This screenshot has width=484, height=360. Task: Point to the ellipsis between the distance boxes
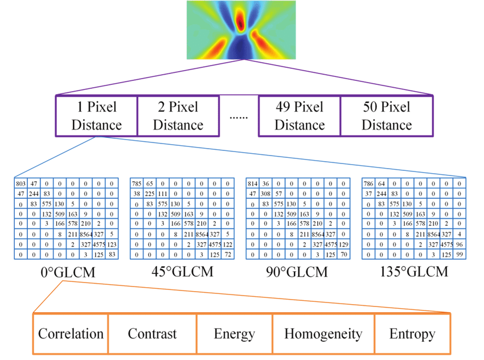[238, 117]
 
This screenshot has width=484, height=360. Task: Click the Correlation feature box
[71, 333]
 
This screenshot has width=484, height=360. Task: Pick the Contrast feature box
[152, 333]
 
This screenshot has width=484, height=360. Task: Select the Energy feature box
[234, 333]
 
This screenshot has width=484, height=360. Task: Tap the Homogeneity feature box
[323, 333]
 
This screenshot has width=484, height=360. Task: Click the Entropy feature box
[412, 333]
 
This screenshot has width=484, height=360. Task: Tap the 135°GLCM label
[413, 272]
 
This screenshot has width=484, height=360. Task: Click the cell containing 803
[21, 184]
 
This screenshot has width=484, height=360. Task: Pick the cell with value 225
[150, 194]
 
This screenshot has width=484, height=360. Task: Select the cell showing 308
[266, 194]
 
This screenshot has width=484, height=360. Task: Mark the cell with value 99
[459, 255]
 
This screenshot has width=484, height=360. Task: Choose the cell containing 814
[252, 184]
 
